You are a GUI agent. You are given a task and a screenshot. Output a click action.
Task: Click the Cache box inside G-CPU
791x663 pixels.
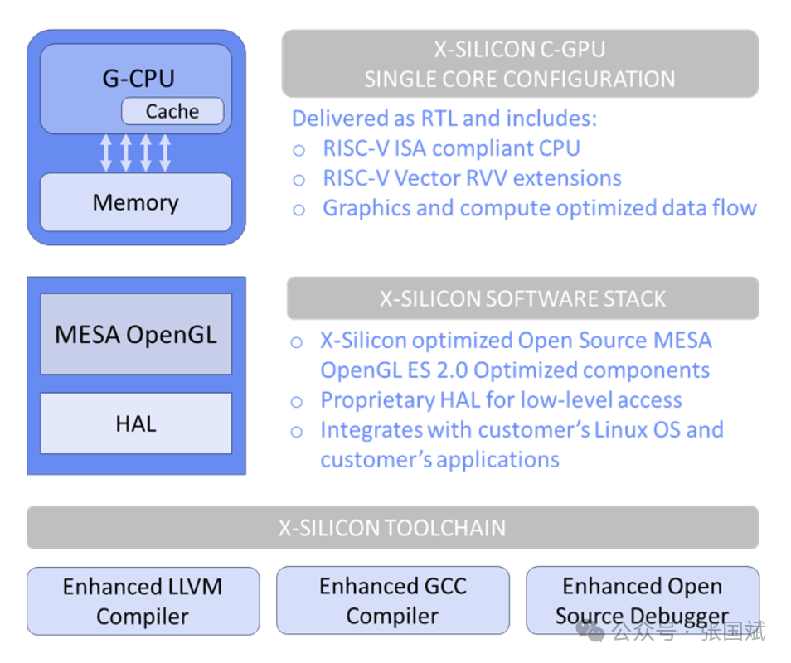(x=172, y=111)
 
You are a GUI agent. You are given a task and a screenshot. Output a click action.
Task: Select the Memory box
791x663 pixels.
(x=136, y=202)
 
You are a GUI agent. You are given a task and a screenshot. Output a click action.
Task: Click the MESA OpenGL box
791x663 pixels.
(x=136, y=334)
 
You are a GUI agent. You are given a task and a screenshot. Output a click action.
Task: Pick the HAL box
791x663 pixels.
(x=136, y=423)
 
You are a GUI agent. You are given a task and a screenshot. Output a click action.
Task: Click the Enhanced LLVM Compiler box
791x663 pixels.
(x=143, y=601)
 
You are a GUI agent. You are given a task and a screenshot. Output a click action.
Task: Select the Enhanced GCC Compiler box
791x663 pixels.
(x=392, y=601)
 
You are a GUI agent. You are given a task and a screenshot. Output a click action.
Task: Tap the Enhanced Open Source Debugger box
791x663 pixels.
(x=642, y=601)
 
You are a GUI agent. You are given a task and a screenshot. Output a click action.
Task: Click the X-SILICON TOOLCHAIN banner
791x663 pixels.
(x=392, y=528)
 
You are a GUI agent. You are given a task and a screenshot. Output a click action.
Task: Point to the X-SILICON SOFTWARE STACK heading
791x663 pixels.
(x=522, y=298)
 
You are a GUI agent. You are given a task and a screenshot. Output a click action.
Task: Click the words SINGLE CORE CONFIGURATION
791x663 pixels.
(x=520, y=80)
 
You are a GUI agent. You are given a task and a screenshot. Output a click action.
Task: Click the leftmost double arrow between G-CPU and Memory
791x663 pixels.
(x=106, y=153)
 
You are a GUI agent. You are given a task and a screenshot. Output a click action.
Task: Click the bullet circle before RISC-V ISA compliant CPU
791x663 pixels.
(x=299, y=150)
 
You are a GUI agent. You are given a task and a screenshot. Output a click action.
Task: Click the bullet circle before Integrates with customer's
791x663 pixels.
(x=297, y=431)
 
